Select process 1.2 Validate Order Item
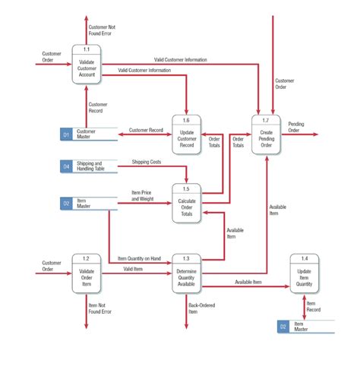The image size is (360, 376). (87, 275)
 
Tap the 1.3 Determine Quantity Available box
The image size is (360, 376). (186, 275)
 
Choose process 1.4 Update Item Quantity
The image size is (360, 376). (305, 275)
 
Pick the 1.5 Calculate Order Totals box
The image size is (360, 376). (186, 204)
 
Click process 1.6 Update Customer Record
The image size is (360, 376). (186, 135)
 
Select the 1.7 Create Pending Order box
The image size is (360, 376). (266, 135)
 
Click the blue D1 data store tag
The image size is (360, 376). (67, 134)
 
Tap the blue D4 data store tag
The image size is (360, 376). (67, 165)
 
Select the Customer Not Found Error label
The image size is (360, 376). (103, 30)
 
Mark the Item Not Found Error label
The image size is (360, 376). (100, 308)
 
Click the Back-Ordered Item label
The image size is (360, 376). (202, 308)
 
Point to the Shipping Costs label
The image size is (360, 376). (146, 162)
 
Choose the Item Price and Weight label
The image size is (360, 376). (141, 196)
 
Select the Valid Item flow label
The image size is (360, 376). (134, 269)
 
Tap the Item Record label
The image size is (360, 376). (314, 306)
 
